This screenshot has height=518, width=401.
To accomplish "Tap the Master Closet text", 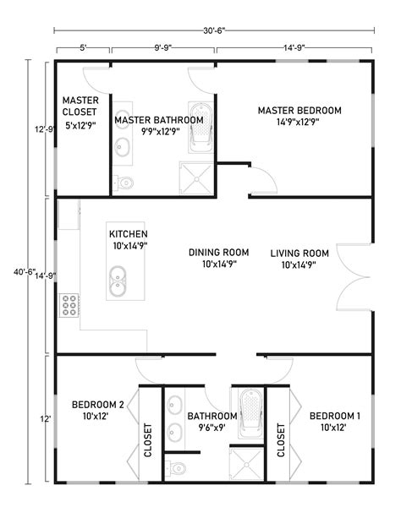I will tap(80, 106).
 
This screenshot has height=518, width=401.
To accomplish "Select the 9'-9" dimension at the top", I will tap(164, 48).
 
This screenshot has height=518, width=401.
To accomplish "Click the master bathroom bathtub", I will tap(200, 128).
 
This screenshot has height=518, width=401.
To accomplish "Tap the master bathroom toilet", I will tap(124, 182).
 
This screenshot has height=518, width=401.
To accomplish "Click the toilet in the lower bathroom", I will tap(177, 467).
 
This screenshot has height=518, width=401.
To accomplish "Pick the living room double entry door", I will tap(354, 276).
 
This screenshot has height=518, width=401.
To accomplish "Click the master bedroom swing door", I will tap(261, 180).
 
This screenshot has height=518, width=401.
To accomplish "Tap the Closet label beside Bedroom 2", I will tap(148, 439).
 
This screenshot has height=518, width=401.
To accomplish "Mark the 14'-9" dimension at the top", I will tap(294, 48).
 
